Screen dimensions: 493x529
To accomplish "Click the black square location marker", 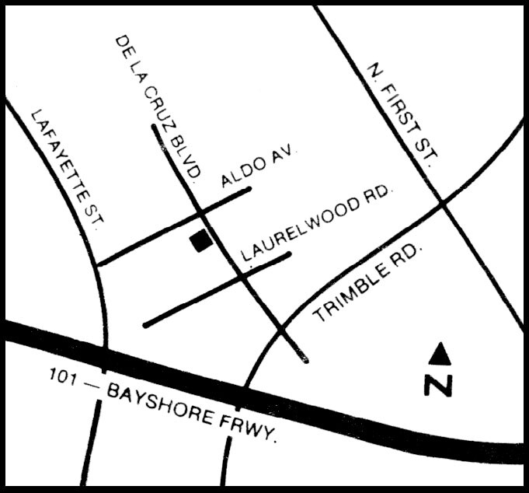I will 202,242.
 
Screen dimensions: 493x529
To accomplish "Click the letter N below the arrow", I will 438,384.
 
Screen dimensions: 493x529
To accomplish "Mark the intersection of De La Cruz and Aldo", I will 200,212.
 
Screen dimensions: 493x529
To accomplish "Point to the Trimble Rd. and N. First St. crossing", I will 442,203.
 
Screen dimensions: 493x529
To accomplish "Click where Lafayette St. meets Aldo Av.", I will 96,264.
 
